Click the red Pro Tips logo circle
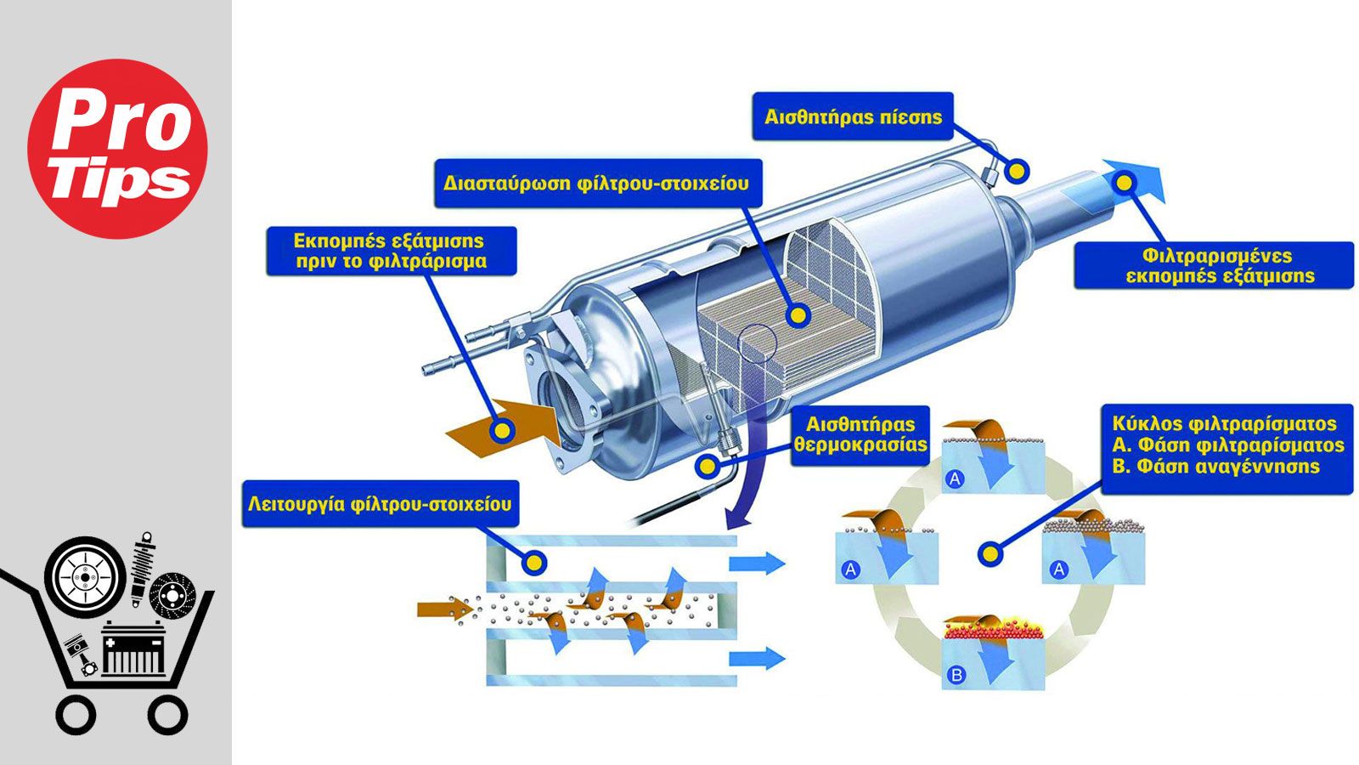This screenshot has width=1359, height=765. (x=118, y=149)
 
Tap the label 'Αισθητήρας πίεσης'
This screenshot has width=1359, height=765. (x=853, y=116)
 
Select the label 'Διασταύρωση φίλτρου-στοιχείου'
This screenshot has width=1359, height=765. (x=598, y=184)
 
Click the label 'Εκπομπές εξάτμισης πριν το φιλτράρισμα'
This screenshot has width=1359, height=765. (x=392, y=252)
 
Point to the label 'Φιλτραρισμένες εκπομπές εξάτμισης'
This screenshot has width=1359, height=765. (x=1214, y=265)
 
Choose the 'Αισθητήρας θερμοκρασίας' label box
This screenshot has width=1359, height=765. (x=860, y=435)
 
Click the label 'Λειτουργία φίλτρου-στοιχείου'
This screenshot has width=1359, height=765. (x=381, y=504)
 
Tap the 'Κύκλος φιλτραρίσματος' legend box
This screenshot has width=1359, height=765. (x=1227, y=448)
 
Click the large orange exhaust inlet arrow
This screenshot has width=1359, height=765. (x=505, y=429)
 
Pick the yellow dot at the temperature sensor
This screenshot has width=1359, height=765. (x=708, y=467)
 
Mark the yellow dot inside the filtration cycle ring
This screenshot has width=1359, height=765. (x=990, y=553)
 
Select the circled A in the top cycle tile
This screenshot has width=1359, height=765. (x=955, y=479)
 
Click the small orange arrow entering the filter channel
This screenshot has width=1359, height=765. (x=445, y=609)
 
